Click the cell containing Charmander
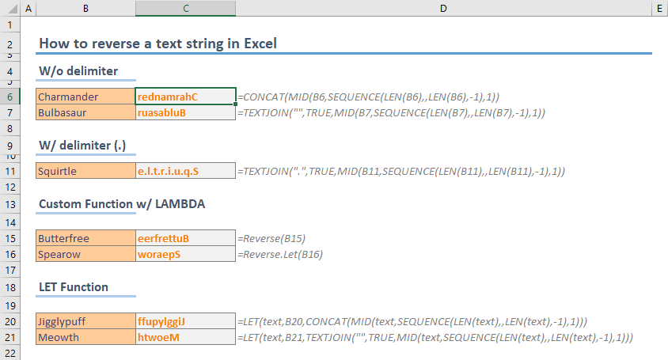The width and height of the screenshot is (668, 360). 85,97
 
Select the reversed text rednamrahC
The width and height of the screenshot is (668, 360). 168,97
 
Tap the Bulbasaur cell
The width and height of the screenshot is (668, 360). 85,112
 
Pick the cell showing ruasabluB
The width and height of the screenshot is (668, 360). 185,112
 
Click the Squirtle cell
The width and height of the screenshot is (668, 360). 85,171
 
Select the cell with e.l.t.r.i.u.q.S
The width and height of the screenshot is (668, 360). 185,171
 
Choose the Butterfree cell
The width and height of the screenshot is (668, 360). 85,238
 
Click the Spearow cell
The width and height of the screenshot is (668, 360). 85,254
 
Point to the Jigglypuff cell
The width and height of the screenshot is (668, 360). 85,321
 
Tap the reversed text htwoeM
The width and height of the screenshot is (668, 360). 158,337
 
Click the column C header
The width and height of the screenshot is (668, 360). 186,8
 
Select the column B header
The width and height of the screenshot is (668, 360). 85,8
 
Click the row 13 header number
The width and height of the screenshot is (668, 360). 10,204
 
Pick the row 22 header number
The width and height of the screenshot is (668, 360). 10,353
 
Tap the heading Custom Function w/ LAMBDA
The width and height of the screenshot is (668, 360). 122,204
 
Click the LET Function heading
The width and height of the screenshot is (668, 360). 74,287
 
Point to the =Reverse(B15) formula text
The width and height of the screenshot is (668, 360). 271,239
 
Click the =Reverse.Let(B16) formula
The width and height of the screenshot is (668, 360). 280,254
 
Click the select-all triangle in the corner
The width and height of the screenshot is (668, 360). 13,9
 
